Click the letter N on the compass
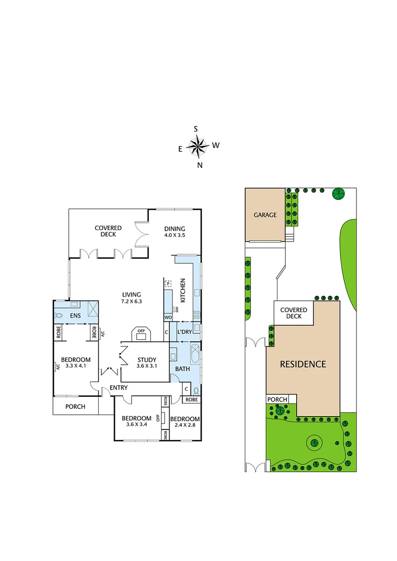pos(200,165)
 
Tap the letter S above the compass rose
pos(196,129)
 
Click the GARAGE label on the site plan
pos(265,215)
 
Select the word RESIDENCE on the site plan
pos(303,364)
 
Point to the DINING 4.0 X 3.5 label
pos(175,235)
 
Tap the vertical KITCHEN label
pos(183,290)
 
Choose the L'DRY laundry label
pos(185,331)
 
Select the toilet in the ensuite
pos(59,315)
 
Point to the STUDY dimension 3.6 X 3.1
pos(147,366)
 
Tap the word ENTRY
pos(118,388)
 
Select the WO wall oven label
pos(168,317)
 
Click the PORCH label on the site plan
pos(277,399)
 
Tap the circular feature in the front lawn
pos(314,443)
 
